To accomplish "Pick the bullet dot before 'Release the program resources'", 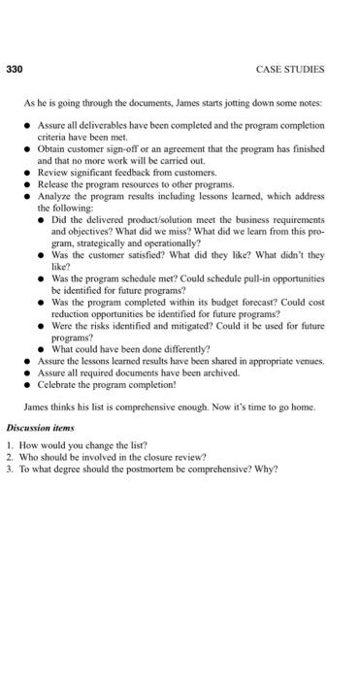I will click(28, 182).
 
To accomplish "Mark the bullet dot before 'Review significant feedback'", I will click(28, 172).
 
